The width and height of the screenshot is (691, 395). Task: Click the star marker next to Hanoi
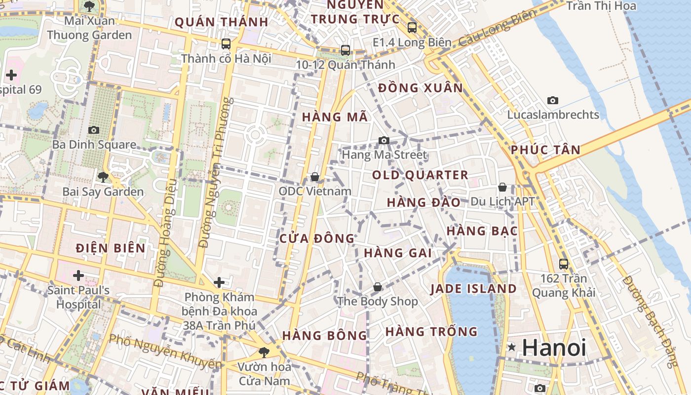tap(512, 348)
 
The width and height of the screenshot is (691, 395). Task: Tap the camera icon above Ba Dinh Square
tap(93, 130)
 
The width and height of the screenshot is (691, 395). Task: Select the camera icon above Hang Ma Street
tap(384, 140)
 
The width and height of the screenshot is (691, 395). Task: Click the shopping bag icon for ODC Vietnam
tap(314, 177)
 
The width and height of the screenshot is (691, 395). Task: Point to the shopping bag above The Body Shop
tap(377, 287)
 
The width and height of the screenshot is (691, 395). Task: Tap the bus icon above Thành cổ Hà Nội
tap(226, 43)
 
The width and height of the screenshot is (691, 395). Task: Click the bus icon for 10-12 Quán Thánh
tap(345, 50)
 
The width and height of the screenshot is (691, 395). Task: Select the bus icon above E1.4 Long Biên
tap(412, 28)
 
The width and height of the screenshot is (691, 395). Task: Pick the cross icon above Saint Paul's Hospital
tap(78, 275)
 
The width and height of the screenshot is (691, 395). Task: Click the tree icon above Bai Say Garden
tap(103, 177)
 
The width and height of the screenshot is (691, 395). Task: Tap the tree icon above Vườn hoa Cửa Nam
tap(264, 352)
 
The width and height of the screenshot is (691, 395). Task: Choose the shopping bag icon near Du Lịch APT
tap(502, 187)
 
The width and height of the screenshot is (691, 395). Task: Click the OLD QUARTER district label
tap(420, 175)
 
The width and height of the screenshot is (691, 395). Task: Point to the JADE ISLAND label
tap(473, 289)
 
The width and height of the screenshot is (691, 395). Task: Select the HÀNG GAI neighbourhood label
tap(397, 253)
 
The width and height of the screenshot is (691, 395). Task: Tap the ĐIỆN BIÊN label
tap(111, 248)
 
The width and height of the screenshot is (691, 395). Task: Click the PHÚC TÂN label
tap(545, 150)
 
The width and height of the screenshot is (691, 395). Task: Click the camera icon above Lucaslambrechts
tap(553, 100)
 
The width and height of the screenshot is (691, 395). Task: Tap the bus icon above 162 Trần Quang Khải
tap(563, 264)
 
